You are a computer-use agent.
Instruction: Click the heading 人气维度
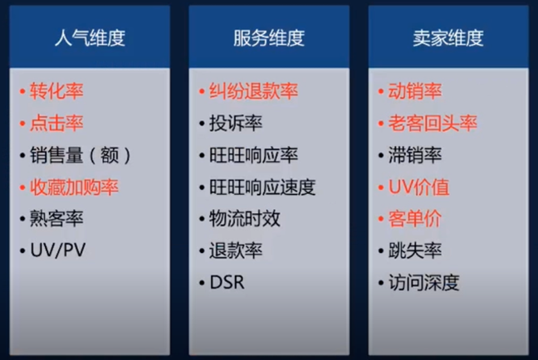(x=90, y=37)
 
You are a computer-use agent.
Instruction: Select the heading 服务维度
(x=269, y=37)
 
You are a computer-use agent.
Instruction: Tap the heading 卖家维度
(x=448, y=37)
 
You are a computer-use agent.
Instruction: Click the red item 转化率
(x=56, y=91)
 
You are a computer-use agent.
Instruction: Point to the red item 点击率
(x=56, y=123)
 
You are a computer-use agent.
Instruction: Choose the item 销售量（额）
(x=81, y=155)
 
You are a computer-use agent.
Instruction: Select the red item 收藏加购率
(x=74, y=187)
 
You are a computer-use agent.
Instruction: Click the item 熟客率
(x=56, y=218)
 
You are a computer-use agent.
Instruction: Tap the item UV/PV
(x=57, y=250)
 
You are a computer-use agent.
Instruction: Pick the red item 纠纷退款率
(x=253, y=91)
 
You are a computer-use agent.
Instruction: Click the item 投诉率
(x=236, y=123)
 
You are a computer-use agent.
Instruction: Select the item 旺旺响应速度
(x=262, y=187)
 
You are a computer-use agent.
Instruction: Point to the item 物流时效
(x=245, y=218)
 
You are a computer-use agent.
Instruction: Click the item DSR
(x=227, y=283)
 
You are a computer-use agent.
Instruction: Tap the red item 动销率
(x=415, y=91)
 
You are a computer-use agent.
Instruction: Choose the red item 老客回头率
(x=433, y=123)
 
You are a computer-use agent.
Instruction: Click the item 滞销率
(x=415, y=155)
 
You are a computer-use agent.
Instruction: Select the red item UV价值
(x=418, y=187)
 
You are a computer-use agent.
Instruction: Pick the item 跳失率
(x=415, y=250)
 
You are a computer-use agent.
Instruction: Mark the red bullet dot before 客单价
(x=380, y=218)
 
